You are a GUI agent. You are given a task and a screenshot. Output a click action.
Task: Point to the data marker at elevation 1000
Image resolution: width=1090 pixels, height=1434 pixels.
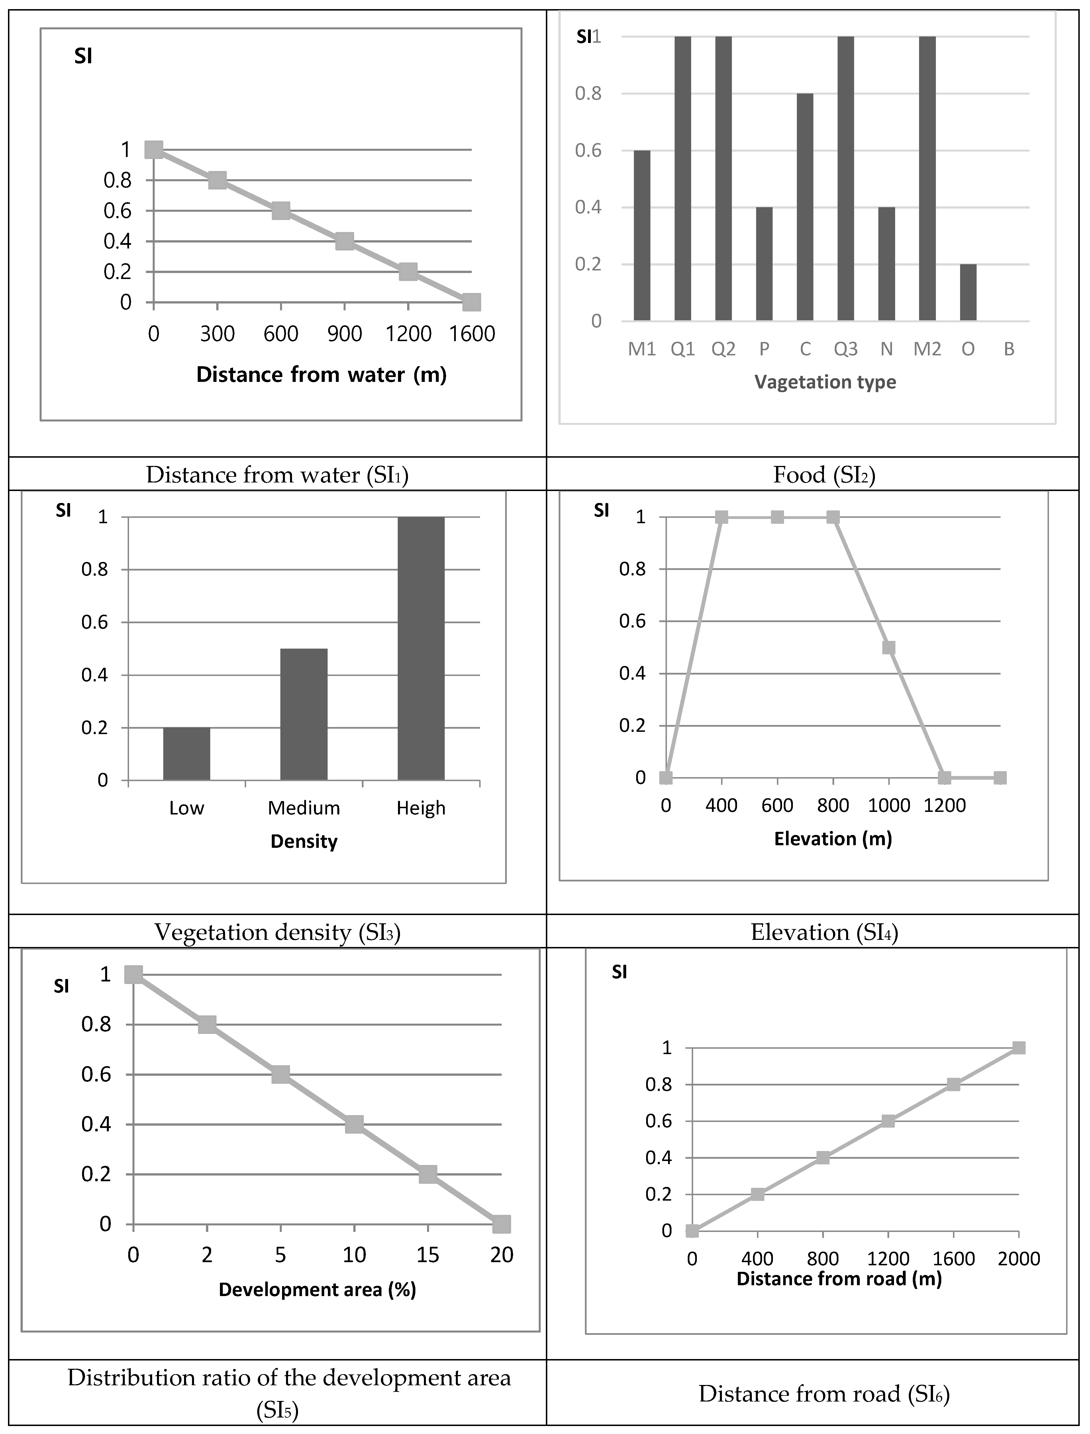[889, 647]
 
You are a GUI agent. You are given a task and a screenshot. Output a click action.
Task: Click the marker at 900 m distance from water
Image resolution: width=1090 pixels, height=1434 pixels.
[344, 241]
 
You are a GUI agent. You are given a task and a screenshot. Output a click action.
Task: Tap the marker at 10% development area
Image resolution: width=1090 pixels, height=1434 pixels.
[354, 1125]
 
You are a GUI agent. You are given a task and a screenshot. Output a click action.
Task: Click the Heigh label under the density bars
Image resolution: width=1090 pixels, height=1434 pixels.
[421, 808]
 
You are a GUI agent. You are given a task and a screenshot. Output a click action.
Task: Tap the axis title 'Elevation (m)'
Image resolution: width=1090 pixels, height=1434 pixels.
[833, 839]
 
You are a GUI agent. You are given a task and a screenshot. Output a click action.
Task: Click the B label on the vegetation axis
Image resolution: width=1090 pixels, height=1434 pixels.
[1009, 349]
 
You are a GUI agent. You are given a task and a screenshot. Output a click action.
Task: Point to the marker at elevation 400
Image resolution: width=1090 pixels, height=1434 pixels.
[721, 517]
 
